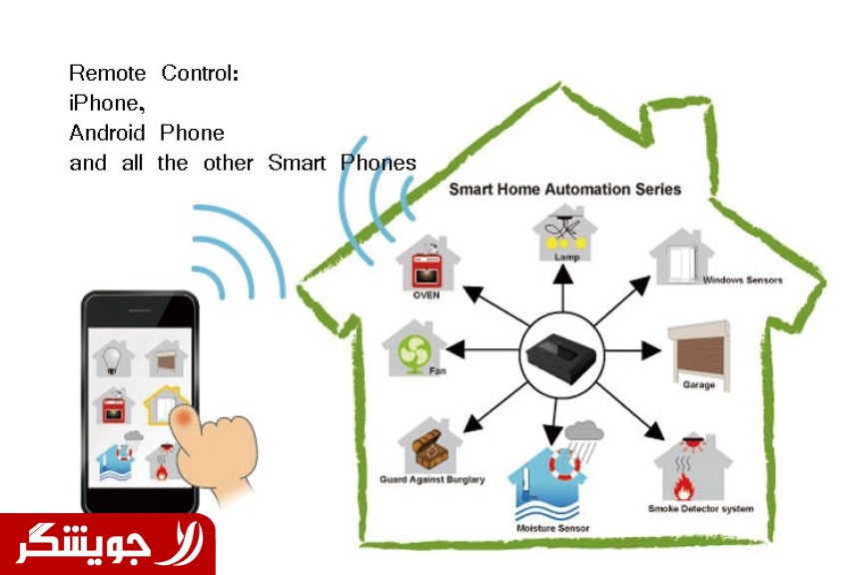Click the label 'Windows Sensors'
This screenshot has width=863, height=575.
tap(742, 281)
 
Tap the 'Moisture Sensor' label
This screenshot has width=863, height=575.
tap(552, 527)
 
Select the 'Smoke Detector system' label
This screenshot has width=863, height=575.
tap(699, 509)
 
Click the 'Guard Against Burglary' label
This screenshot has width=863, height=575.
tap(432, 480)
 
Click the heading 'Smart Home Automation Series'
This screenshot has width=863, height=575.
tap(565, 189)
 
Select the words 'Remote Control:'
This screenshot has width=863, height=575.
tap(154, 73)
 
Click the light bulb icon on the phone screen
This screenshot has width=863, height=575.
tap(113, 356)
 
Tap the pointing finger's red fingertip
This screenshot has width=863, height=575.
tap(184, 417)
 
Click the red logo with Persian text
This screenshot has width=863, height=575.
tap(107, 544)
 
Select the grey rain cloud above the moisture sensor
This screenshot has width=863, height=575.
tap(583, 431)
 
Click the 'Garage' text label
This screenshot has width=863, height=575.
tap(698, 385)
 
